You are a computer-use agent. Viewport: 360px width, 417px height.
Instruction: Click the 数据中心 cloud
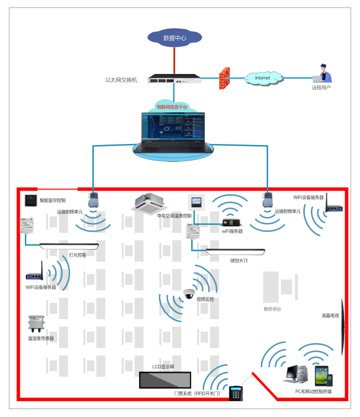(x=175, y=38)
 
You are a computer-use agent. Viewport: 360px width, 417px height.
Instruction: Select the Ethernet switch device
(x=175, y=79)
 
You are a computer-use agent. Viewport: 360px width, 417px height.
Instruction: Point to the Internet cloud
(x=263, y=78)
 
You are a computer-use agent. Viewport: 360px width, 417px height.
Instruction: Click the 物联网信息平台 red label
(x=172, y=107)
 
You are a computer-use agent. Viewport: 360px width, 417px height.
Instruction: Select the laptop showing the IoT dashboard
(x=172, y=132)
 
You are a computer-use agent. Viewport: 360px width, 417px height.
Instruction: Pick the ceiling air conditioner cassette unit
(x=149, y=203)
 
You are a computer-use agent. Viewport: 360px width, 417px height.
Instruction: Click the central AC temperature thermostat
(x=195, y=202)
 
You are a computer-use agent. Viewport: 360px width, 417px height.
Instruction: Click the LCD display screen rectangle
(x=165, y=380)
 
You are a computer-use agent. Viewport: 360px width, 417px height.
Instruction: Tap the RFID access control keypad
(x=235, y=393)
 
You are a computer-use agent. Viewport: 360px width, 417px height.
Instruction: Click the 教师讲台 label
(x=272, y=309)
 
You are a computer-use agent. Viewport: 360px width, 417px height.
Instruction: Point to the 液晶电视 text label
(x=330, y=316)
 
